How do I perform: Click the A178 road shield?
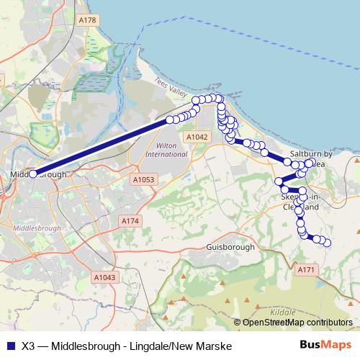click(87, 19)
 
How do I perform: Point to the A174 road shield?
click(130, 221)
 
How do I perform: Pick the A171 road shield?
click(307, 269)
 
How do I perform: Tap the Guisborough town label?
click(230, 247)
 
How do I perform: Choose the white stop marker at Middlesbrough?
click(33, 174)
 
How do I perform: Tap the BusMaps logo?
click(326, 346)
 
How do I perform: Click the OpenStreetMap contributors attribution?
click(297, 323)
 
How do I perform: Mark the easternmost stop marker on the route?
click(328, 243)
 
